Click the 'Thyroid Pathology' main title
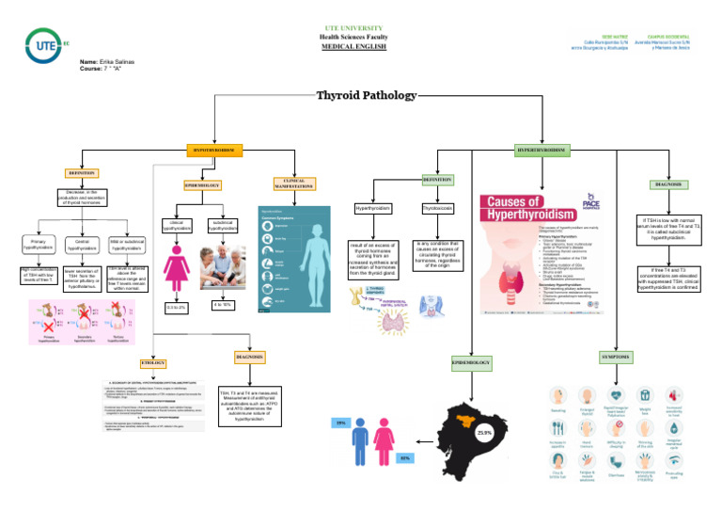pyautogui.click(x=366, y=95)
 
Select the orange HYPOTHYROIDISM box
pyautogui.click(x=216, y=150)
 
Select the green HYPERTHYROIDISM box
pyautogui.click(x=542, y=151)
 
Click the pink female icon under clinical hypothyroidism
pyautogui.click(x=176, y=267)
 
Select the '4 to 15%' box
pyautogui.click(x=224, y=305)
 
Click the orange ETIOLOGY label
pyautogui.click(x=152, y=363)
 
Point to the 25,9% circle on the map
pyautogui.click(x=485, y=432)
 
